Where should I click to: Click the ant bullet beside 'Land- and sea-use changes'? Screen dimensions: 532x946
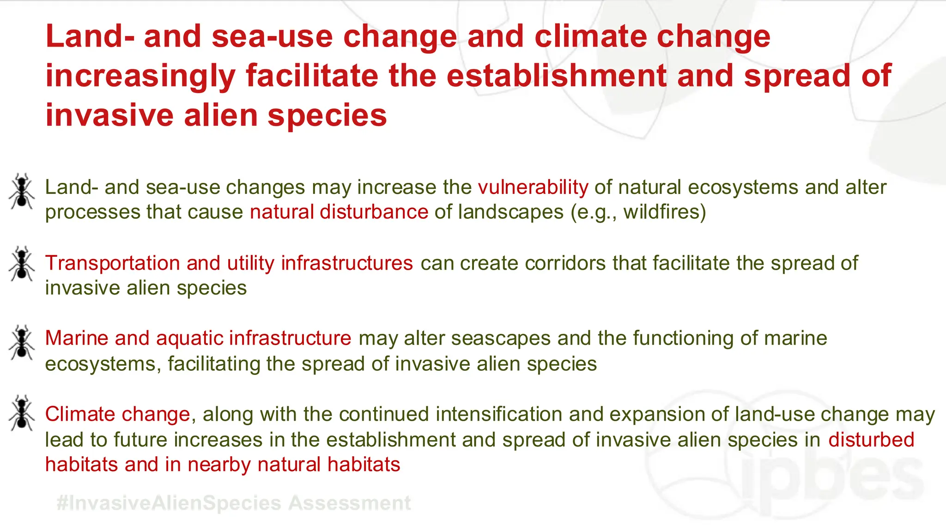(x=21, y=192)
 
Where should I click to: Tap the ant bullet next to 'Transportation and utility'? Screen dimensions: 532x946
(x=21, y=264)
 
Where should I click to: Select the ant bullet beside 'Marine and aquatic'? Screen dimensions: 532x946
(x=21, y=342)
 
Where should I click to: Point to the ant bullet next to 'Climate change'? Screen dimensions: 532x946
(x=21, y=413)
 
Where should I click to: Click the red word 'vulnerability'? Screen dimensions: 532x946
(x=533, y=187)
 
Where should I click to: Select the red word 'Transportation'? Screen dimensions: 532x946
(x=112, y=263)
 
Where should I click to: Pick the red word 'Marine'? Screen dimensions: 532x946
(x=77, y=338)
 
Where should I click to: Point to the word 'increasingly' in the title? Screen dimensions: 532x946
(x=140, y=76)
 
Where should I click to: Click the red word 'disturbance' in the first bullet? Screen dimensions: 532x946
(x=374, y=212)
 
